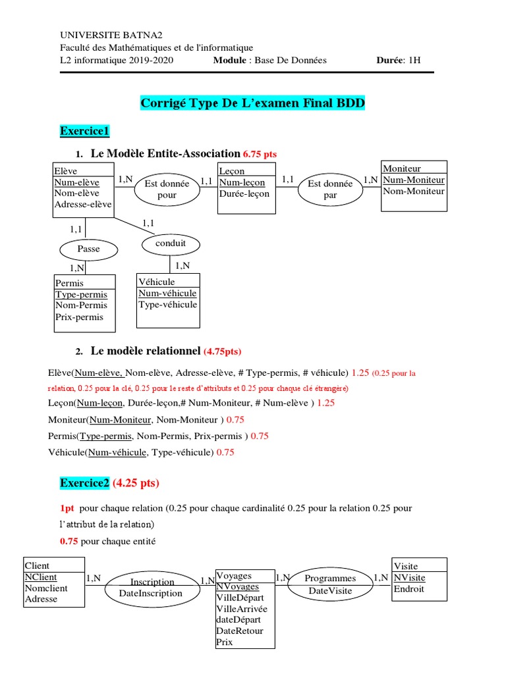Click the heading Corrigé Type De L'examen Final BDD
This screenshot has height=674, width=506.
[x=252, y=103]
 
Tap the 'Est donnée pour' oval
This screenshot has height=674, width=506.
[x=167, y=190]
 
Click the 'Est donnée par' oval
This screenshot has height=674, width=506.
[x=330, y=190]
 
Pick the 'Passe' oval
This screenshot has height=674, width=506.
[x=88, y=249]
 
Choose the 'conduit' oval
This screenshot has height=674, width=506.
[x=171, y=244]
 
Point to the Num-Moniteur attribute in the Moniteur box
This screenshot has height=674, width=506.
[x=413, y=180]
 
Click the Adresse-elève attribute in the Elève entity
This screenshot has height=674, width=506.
[x=82, y=204]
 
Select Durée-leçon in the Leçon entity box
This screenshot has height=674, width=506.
[x=244, y=194]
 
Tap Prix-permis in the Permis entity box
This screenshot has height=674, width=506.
[x=80, y=317]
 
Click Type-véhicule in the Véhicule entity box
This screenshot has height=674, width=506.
[x=167, y=304]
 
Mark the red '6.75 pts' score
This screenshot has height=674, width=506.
[x=260, y=154]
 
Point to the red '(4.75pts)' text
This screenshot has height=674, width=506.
[x=227, y=351]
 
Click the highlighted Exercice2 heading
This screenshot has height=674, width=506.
[x=84, y=483]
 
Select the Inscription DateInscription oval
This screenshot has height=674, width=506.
[x=152, y=587]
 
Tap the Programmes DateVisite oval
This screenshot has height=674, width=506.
[x=330, y=584]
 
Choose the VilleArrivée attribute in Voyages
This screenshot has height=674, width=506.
[x=242, y=608]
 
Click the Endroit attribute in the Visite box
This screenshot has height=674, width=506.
[x=408, y=588]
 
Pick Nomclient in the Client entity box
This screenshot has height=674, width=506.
[x=46, y=588]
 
